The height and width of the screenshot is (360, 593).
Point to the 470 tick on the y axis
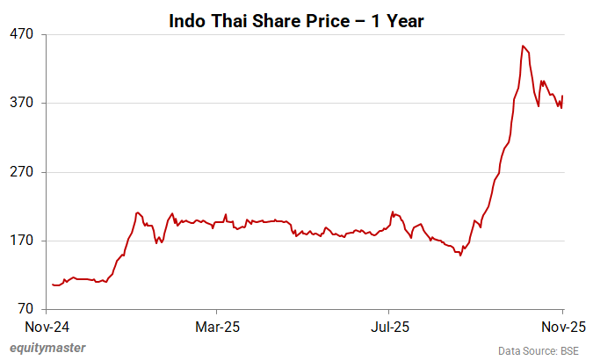coord(21,34)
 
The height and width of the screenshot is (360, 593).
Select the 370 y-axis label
coord(21,103)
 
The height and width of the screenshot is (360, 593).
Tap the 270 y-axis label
coord(21,172)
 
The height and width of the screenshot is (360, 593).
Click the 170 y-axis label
coord(21,241)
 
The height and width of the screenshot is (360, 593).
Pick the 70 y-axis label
coord(25,309)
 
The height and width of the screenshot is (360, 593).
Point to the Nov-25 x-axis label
coord(562,328)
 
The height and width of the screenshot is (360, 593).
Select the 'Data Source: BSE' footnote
coord(539,350)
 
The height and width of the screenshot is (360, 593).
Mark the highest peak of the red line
coord(523,46)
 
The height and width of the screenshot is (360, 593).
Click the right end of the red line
coord(562,97)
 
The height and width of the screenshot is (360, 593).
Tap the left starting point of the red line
coord(53,284)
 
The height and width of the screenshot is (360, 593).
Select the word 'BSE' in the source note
coord(568,350)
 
